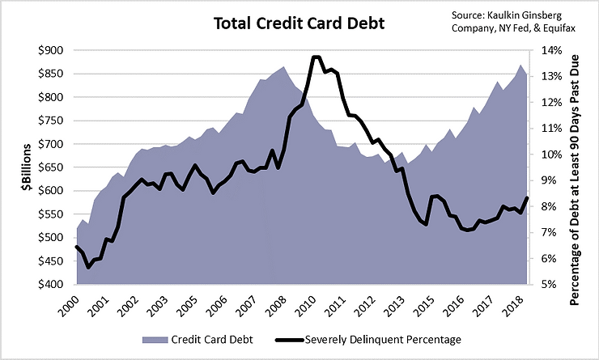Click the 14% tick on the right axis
pyautogui.click(x=544, y=50)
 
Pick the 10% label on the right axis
pyautogui.click(x=544, y=155)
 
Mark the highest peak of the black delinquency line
pyautogui.click(x=316, y=57)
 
